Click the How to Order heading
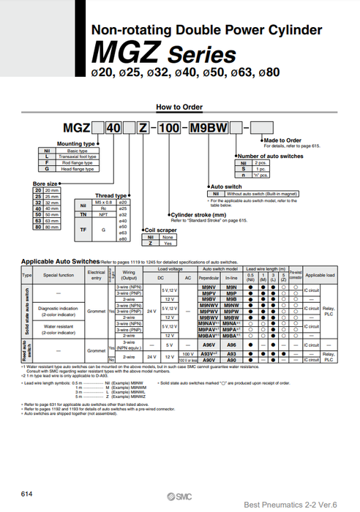coord(180,107)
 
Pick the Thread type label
coord(111,195)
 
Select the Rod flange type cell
coord(78,163)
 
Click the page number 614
coord(27,494)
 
